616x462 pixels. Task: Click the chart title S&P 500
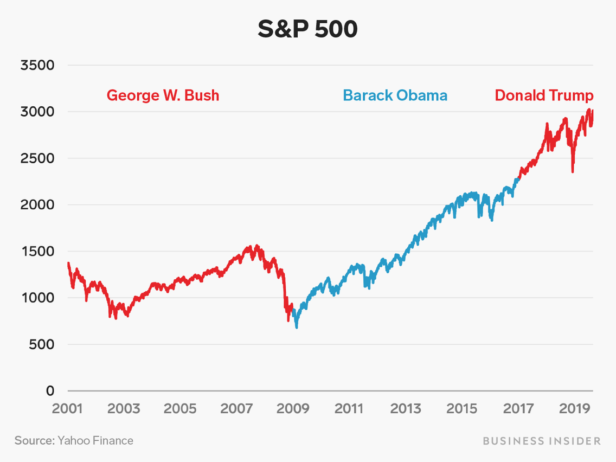pos(307,29)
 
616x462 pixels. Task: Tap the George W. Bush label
pos(163,95)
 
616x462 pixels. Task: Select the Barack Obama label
pos(395,96)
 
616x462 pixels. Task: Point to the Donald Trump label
pos(544,96)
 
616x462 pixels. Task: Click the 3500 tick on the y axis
pos(37,66)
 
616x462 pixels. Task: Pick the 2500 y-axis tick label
pos(37,158)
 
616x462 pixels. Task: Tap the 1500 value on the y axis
pos(37,252)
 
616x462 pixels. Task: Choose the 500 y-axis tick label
pos(42,344)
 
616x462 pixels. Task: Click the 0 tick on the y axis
pos(50,391)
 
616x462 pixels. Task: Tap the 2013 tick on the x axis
pos(406,408)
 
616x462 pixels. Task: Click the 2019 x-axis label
pos(574,408)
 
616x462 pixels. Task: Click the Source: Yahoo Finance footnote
pos(74,440)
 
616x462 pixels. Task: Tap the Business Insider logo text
pos(541,441)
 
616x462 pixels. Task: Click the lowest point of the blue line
pos(297,327)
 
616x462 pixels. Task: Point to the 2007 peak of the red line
pos(256,246)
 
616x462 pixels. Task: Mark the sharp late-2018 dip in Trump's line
pos(573,171)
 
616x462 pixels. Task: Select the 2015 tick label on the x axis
pos(462,408)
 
